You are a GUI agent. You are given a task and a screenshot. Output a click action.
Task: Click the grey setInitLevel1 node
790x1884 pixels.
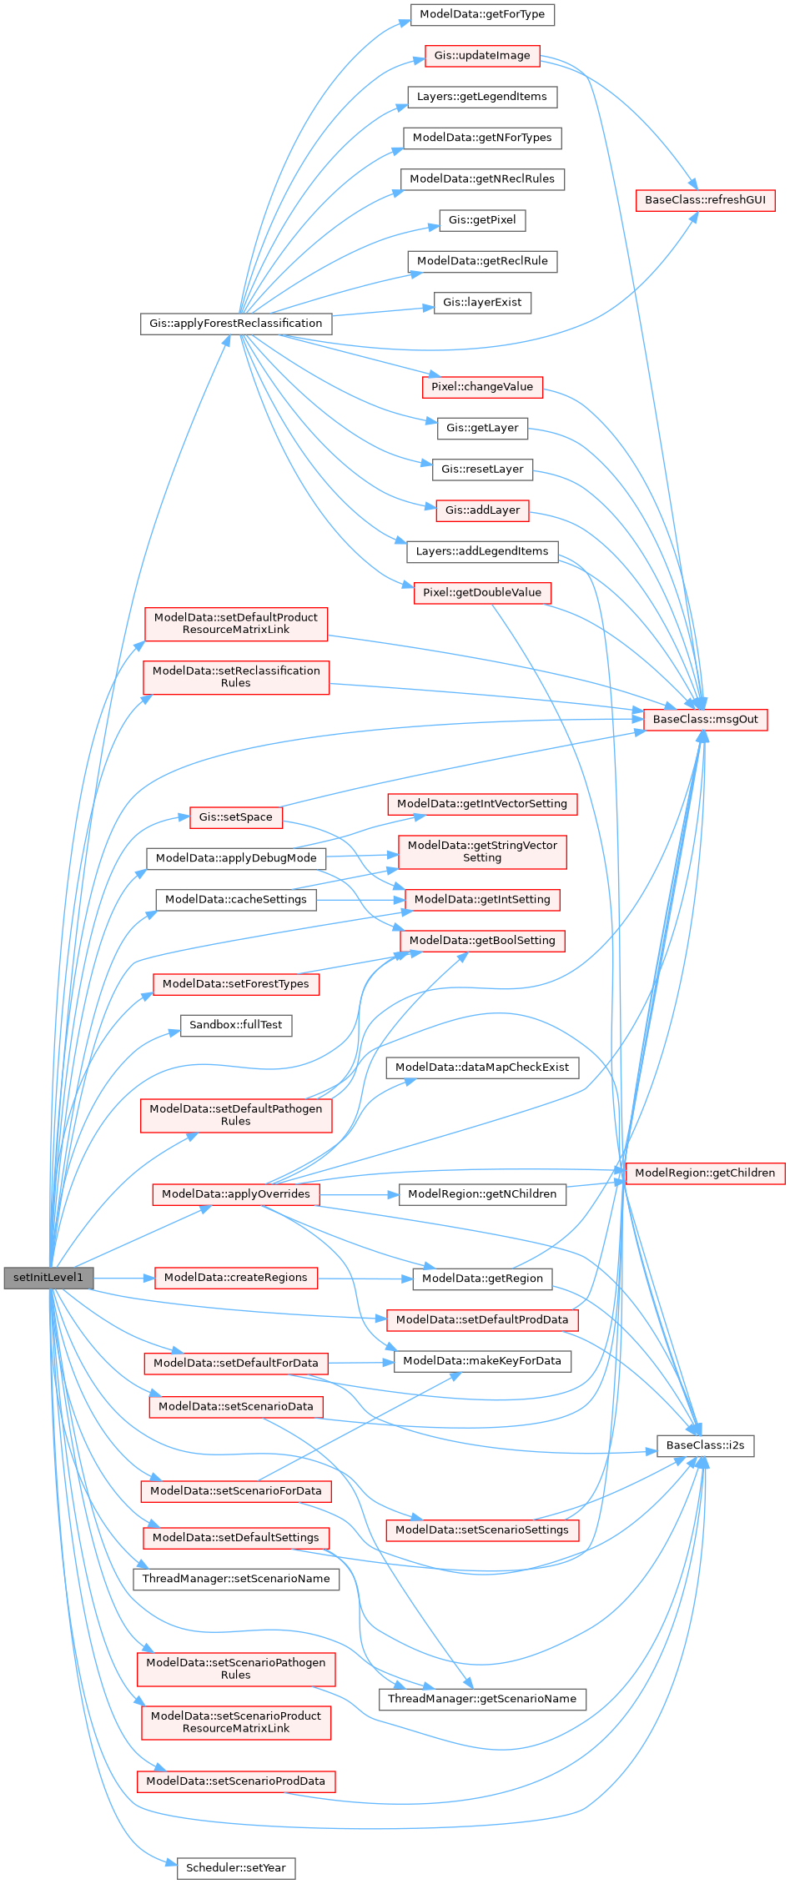(48, 1278)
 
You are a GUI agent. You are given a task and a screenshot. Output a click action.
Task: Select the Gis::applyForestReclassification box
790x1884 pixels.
(235, 324)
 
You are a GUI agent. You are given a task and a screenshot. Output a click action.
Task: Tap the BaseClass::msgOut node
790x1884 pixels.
(705, 720)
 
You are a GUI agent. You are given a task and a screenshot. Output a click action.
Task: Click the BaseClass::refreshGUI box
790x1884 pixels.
(705, 200)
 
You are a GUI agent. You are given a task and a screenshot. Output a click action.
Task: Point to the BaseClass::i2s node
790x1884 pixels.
(705, 1445)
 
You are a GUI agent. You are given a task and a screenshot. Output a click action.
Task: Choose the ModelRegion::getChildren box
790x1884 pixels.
(705, 1173)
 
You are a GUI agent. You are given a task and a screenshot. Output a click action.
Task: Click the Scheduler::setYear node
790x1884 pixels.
(236, 1868)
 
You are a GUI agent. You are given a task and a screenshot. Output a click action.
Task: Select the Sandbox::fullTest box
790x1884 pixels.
(236, 1025)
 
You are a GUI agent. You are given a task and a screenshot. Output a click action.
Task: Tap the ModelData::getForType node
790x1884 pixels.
(482, 14)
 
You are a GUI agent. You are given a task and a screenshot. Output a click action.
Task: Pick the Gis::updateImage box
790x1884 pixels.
(482, 56)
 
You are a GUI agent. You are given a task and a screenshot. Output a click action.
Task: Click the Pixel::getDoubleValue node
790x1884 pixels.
(482, 593)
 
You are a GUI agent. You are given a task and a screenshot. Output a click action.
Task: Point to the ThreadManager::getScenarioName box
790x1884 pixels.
(482, 1699)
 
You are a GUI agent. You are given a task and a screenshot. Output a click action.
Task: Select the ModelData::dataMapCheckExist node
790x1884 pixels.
(482, 1068)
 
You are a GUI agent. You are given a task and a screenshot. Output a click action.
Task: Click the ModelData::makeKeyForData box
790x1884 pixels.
(482, 1361)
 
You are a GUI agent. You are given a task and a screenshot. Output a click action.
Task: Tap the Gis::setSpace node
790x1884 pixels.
(236, 817)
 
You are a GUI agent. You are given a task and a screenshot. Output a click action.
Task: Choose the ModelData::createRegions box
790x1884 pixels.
(236, 1278)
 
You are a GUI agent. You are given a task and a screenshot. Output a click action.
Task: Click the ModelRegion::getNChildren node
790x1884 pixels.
(482, 1194)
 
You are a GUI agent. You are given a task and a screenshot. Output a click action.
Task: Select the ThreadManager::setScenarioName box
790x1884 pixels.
(236, 1579)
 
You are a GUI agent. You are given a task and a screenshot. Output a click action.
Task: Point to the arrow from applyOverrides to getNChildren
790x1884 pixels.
(359, 1194)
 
